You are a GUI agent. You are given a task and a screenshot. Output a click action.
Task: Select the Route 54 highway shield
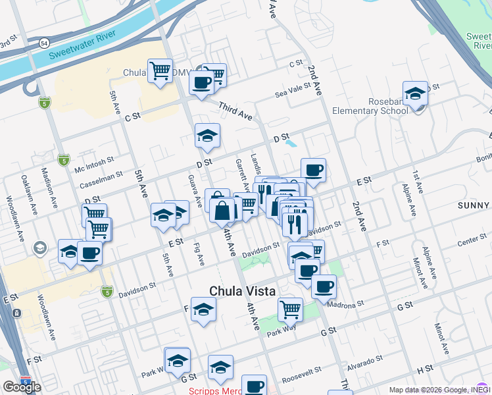coord(42,42)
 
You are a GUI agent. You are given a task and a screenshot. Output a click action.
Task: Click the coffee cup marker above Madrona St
coord(323,286)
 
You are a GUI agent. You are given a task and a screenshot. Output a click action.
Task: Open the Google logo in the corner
coord(22,386)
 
